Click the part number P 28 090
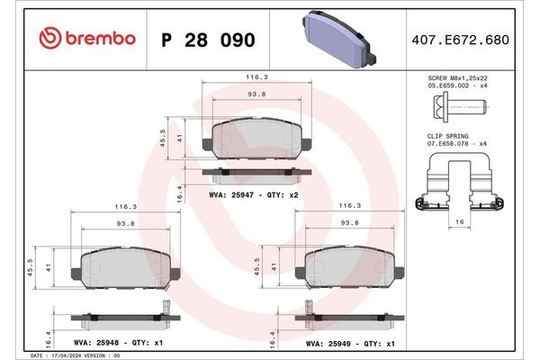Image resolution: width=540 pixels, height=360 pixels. coord(207,40)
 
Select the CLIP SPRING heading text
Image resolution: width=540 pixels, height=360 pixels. coord(446,134)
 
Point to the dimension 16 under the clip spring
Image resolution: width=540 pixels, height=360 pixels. coord(459,220)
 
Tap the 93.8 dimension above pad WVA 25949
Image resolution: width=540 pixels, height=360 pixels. coord(351,223)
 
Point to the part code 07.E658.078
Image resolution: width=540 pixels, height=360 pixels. coord(447,142)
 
